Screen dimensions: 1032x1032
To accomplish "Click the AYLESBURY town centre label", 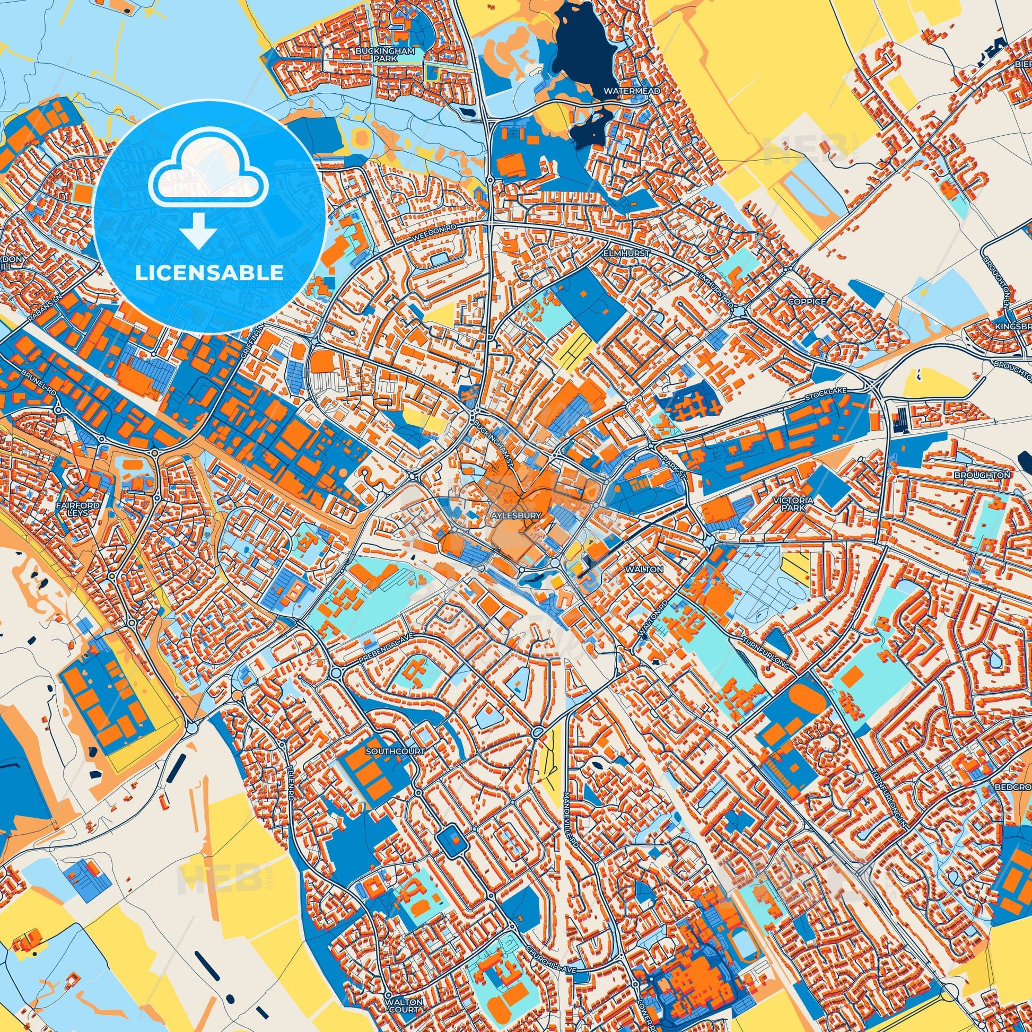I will click(x=514, y=515).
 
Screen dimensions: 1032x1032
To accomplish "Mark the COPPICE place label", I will click(x=807, y=301).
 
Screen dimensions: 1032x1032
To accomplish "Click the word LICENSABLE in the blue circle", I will click(x=209, y=273).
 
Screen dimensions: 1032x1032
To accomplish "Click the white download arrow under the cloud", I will click(x=198, y=231).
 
